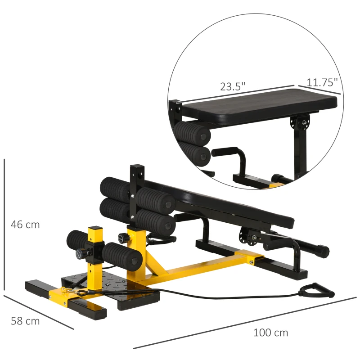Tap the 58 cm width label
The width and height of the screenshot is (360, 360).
(x=25, y=321)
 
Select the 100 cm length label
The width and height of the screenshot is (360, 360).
(x=270, y=333)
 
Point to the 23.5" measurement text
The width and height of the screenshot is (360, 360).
(x=233, y=86)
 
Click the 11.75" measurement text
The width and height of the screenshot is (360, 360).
(x=322, y=82)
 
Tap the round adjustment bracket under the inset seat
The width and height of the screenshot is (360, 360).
(x=297, y=122)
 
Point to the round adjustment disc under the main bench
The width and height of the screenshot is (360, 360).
(x=247, y=235)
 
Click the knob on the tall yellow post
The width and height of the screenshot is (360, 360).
(x=121, y=237)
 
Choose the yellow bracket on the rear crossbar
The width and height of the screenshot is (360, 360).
(x=251, y=258)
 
